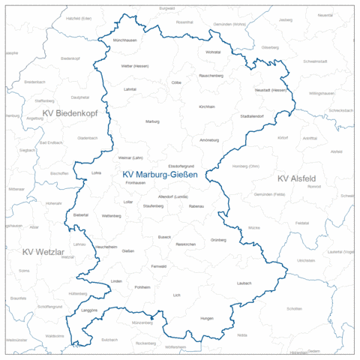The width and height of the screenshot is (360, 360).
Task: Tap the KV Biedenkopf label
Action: [x=70, y=113]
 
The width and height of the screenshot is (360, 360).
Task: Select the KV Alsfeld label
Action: [x=296, y=178]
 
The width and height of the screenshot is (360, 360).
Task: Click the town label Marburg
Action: [x=152, y=121]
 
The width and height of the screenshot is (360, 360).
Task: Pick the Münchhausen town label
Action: [x=125, y=39]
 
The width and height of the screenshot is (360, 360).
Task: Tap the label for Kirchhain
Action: [x=206, y=106]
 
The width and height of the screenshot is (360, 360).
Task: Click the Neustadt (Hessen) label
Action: [x=271, y=90]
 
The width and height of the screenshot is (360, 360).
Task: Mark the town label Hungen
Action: [x=207, y=319]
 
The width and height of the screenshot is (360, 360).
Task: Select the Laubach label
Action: [x=244, y=283]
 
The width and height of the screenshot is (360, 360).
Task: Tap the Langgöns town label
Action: [x=88, y=309]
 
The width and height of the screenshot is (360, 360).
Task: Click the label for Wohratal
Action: [x=213, y=52]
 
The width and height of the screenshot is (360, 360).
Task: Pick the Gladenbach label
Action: [x=88, y=138]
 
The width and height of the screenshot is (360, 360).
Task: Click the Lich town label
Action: [x=177, y=295]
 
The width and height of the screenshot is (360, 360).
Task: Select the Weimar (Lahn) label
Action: [x=131, y=158]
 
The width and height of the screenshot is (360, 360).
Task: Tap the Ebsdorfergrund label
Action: [x=181, y=166]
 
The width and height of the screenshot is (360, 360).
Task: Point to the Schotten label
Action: [x=294, y=308]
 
